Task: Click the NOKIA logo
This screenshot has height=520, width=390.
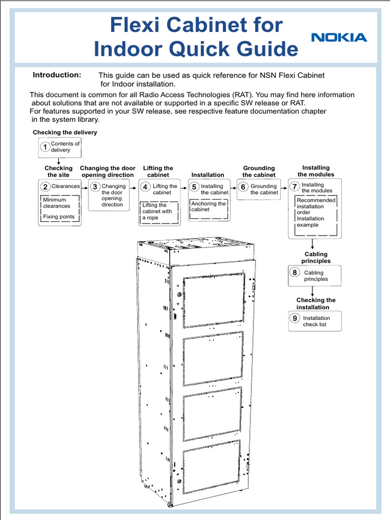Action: (339, 38)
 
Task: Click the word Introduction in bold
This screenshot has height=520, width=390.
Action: (57, 75)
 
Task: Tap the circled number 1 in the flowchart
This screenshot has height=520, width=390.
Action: (45, 147)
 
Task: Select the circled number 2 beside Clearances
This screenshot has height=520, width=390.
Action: (45, 187)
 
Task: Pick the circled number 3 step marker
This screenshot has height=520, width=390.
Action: (95, 187)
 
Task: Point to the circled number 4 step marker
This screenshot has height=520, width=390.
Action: (146, 187)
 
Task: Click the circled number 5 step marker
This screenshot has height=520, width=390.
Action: (194, 187)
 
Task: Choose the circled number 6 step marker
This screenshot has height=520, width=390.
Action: (243, 187)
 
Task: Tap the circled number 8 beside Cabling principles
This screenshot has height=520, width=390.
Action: (295, 273)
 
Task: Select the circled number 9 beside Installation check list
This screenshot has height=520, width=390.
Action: (295, 318)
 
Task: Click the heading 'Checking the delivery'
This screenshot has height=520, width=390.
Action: (65, 133)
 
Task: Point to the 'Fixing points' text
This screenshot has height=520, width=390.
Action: (58, 217)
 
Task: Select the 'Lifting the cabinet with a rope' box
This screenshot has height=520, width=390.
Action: (159, 212)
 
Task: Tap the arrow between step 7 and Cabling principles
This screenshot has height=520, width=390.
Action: (312, 244)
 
